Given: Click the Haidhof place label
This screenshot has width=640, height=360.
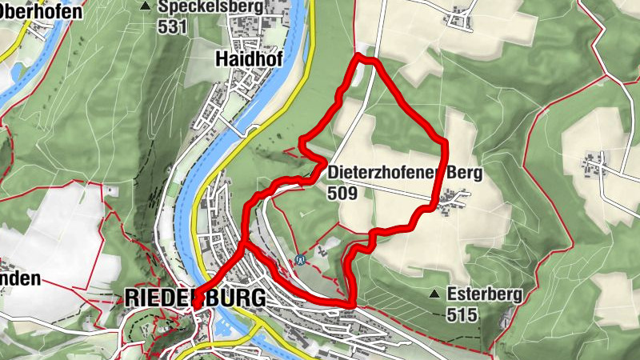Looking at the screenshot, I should [x=244, y=58].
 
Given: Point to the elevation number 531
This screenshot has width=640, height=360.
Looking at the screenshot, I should [x=173, y=26].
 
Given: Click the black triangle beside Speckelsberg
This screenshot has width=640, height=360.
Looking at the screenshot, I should [x=145, y=6].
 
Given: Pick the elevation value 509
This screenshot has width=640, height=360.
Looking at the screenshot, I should [x=342, y=192].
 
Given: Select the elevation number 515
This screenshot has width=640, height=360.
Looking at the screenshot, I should [x=462, y=314].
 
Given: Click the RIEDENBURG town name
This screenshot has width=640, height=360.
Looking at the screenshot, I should [x=195, y=298].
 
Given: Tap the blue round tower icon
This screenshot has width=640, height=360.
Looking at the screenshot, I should [x=300, y=259].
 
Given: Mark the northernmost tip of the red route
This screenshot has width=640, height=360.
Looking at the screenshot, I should [x=365, y=57].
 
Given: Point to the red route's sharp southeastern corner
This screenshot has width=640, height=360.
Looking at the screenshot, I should [x=352, y=303].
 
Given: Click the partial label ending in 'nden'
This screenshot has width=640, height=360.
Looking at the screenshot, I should [x=19, y=279].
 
